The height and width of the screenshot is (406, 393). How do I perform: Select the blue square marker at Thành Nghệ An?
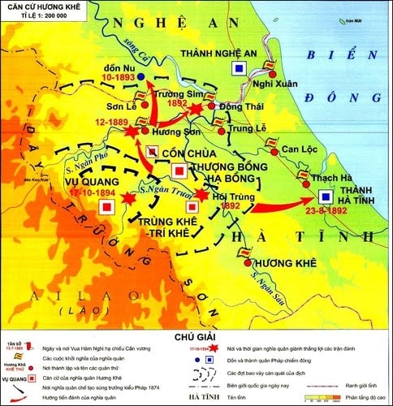239,70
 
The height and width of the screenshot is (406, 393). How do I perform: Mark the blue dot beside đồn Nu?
140,76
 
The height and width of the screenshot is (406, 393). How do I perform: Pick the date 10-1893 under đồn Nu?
118,78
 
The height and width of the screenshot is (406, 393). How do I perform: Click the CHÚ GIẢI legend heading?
196,335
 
